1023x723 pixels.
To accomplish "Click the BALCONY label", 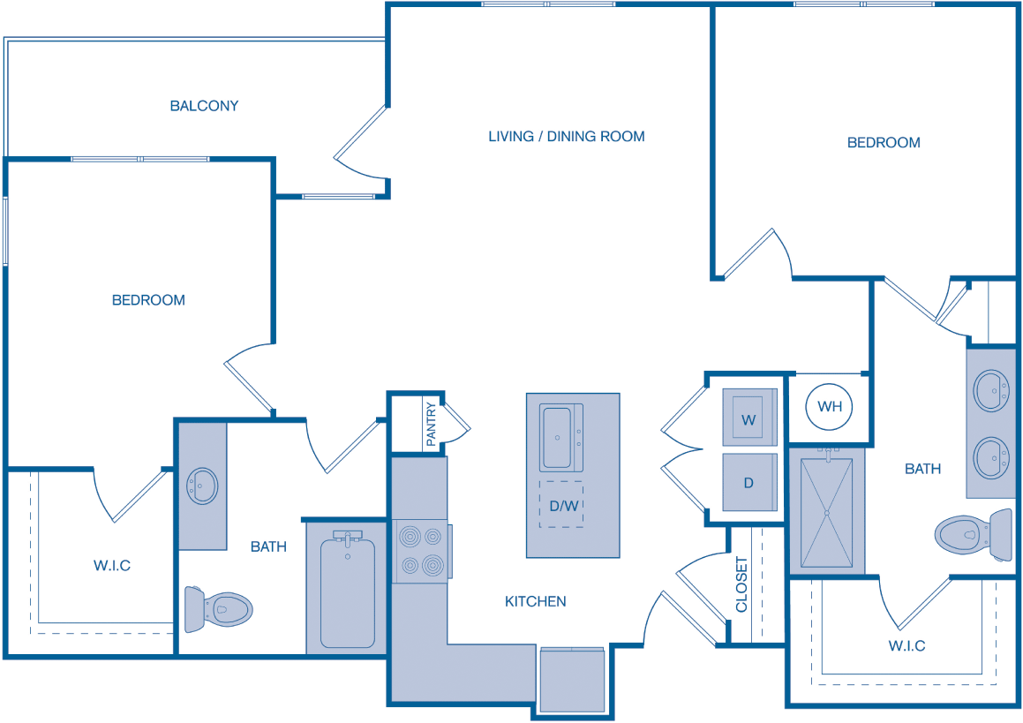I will tap(204, 106).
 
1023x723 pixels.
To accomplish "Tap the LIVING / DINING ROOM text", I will tap(566, 136).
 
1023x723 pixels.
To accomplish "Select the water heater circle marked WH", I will tap(830, 407).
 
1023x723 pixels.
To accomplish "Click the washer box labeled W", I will tap(748, 418).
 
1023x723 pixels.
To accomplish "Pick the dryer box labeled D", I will tap(748, 482).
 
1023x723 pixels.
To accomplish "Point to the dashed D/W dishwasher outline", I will tap(560, 505).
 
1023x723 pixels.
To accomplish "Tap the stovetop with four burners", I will tap(420, 551).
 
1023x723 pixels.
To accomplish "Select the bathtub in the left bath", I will tap(347, 590).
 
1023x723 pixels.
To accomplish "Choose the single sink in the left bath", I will tap(203, 485).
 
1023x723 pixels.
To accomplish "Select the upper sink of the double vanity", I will tap(992, 389).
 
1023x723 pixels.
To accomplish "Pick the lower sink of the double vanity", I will tap(992, 457).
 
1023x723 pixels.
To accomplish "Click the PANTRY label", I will tap(431, 426).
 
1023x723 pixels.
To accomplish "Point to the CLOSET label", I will tap(741, 584).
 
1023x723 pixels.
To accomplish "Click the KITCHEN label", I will tap(535, 601).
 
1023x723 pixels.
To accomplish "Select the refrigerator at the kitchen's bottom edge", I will tap(571, 679).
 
